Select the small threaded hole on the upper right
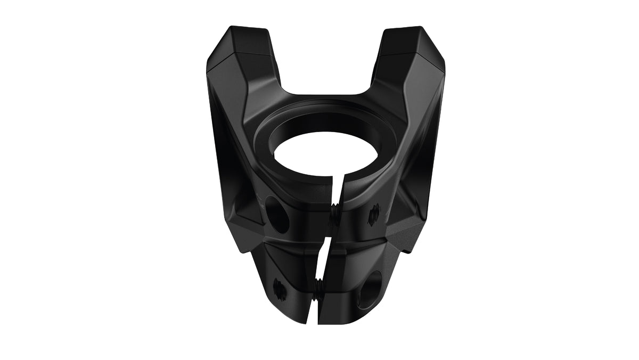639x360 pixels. click(375, 212)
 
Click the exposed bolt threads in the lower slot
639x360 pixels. click(318, 290)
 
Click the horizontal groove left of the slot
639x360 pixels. click(288, 242)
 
